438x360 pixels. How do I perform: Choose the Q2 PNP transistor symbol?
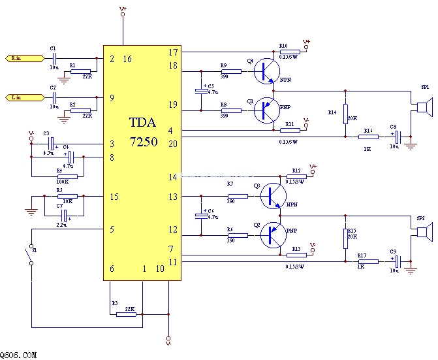274,235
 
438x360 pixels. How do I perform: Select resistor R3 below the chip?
126,314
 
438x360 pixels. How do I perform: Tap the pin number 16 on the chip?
127,59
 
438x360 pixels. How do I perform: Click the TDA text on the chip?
142,122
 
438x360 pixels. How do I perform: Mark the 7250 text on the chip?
142,140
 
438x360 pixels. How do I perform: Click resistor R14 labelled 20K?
345,114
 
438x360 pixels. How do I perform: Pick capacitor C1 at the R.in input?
54,58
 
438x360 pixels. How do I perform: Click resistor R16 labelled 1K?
369,137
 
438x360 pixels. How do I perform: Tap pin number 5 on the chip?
112,229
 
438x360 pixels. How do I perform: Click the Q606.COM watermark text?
18,355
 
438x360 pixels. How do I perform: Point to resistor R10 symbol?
290,51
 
